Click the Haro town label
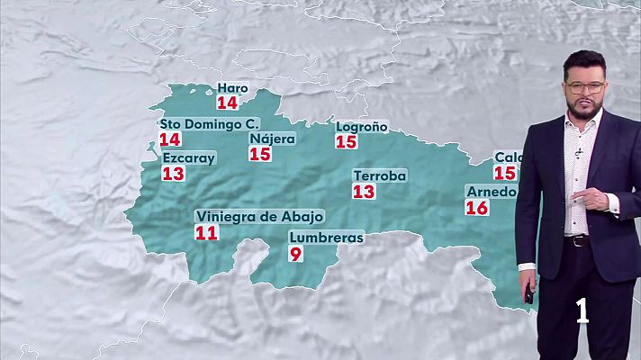[x=232, y=88]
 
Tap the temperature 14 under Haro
[x=228, y=103]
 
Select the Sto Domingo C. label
[x=209, y=123]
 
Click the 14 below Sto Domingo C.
[x=169, y=139]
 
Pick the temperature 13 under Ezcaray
[x=173, y=174]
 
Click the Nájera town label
[x=271, y=139]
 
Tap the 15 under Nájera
[x=260, y=154]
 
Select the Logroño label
[x=361, y=126]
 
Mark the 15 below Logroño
[x=346, y=141]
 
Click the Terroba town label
[x=380, y=175]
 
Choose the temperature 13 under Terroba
[x=364, y=191]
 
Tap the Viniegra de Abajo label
[x=259, y=217]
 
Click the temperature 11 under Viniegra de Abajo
[x=206, y=233]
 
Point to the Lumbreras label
[x=326, y=238]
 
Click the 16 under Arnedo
[x=476, y=208]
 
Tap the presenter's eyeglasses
[x=586, y=87]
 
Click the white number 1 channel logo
[x=583, y=310]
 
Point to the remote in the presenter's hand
[x=528, y=293]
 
